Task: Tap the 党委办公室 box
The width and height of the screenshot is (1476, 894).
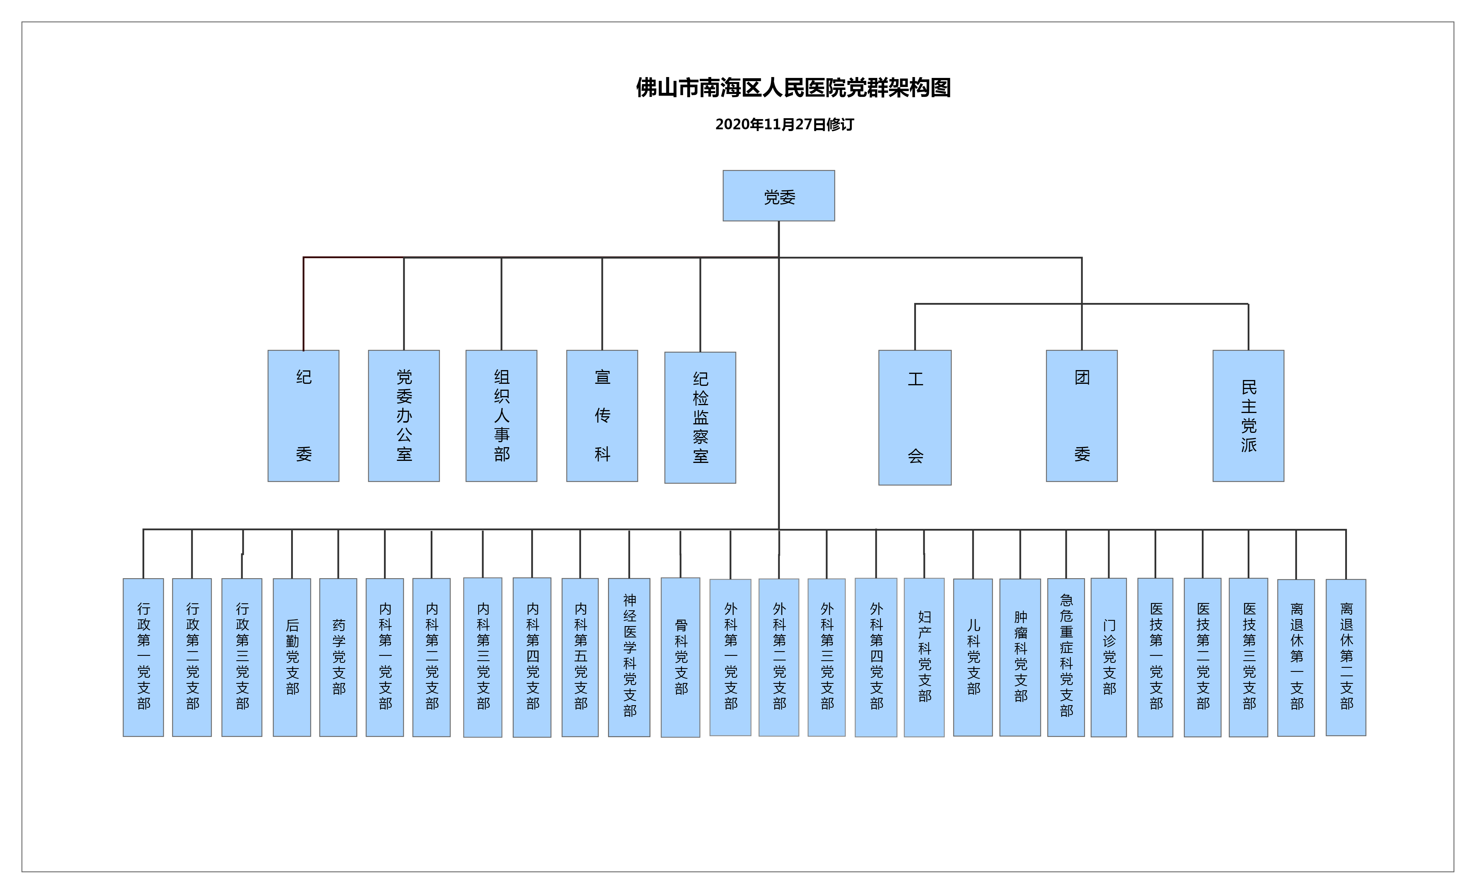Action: pyautogui.click(x=404, y=416)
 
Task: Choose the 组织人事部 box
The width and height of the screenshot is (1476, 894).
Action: pyautogui.click(x=501, y=416)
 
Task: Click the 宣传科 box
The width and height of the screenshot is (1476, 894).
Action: pyautogui.click(x=602, y=416)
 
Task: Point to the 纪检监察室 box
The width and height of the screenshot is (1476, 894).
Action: pyautogui.click(x=700, y=417)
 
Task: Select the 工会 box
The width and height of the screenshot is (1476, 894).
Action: pyautogui.click(x=915, y=417)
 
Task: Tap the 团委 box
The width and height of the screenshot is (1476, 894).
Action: pyautogui.click(x=1082, y=416)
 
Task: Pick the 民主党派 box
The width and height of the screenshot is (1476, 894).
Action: pyautogui.click(x=1248, y=416)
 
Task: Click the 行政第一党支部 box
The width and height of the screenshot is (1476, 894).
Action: pyautogui.click(x=143, y=658)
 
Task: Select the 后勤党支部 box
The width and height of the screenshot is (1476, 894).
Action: pyautogui.click(x=292, y=658)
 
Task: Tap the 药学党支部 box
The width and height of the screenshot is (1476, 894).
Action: pyautogui.click(x=338, y=658)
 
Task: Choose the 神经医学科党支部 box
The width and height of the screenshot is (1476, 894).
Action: pyautogui.click(x=629, y=658)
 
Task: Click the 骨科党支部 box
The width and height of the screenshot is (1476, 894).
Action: pyautogui.click(x=681, y=658)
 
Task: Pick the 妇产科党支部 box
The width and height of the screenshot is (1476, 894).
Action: pyautogui.click(x=924, y=658)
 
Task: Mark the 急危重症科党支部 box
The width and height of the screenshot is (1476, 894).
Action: pyautogui.click(x=1066, y=658)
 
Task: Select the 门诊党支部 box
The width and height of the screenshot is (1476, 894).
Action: pyautogui.click(x=1109, y=658)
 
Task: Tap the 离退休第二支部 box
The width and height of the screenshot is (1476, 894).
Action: pyautogui.click(x=1346, y=658)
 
